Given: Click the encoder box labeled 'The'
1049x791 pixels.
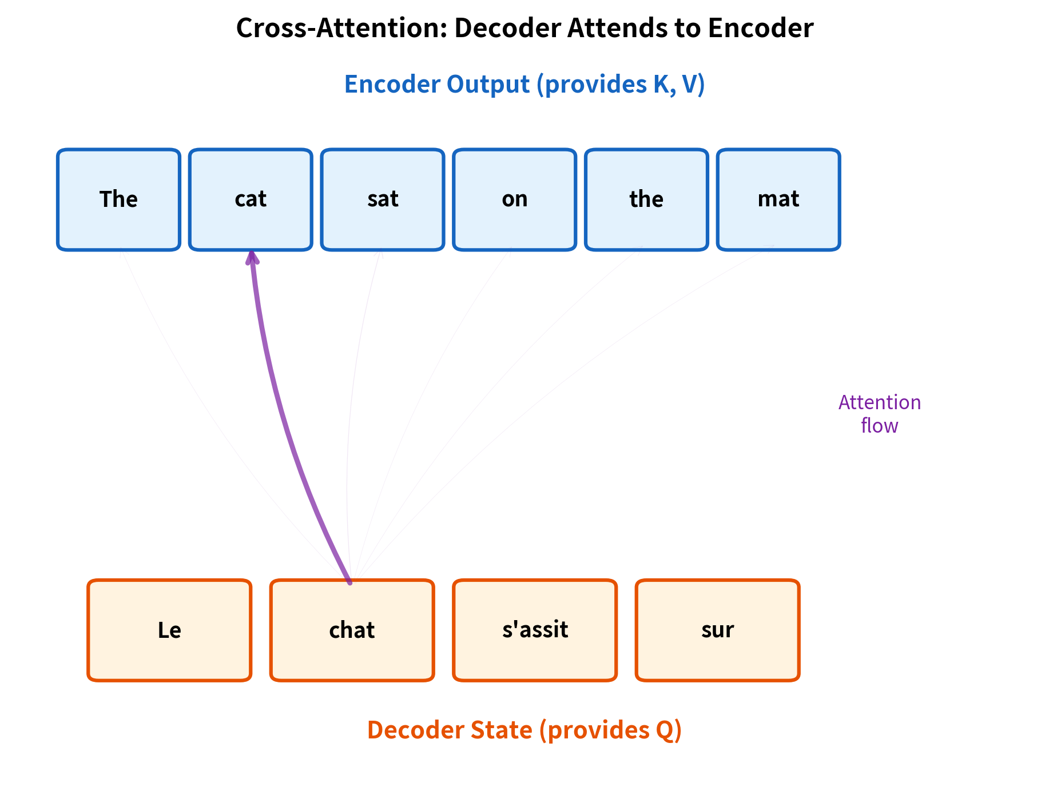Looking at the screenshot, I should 118,199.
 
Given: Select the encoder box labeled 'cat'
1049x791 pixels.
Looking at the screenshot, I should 251,199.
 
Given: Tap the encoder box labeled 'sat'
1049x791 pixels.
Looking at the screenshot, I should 383,199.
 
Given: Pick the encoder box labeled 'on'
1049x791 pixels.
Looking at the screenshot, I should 514,199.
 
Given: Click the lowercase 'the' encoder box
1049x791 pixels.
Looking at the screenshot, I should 646,199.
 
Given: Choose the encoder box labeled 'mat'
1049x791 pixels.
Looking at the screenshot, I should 778,199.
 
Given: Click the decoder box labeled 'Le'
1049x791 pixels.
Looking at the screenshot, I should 169,630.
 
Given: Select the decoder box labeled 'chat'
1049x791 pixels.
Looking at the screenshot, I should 352,630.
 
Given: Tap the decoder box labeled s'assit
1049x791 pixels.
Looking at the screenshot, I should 535,630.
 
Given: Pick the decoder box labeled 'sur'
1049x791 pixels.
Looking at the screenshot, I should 717,630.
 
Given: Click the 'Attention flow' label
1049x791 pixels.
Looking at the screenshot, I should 879,414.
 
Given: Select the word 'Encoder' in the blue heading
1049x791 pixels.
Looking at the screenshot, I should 392,84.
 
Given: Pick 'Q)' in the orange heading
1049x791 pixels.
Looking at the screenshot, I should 666,730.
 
